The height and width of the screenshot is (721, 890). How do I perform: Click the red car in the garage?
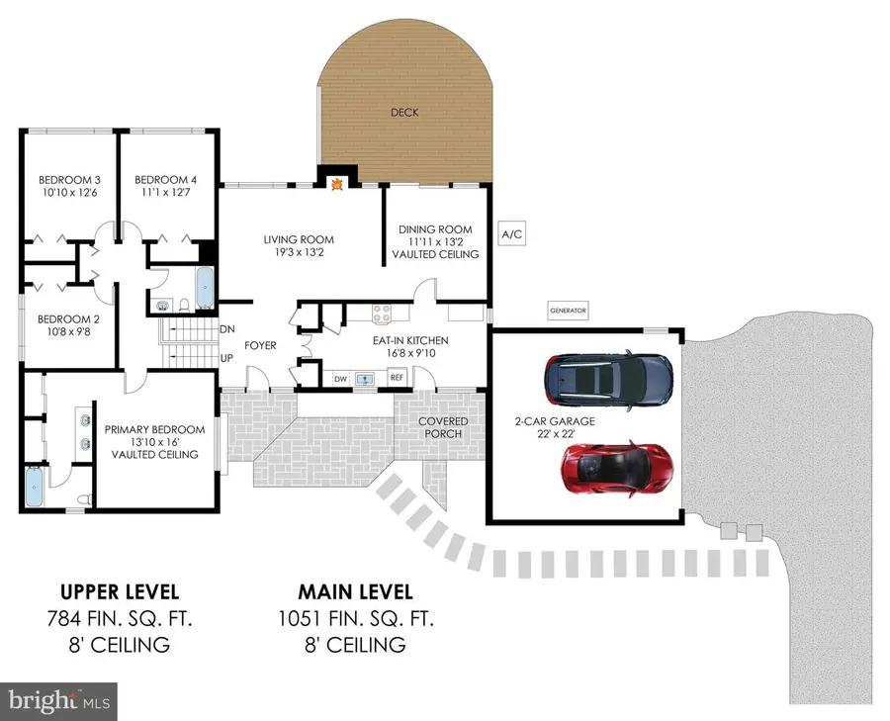click(x=617, y=469)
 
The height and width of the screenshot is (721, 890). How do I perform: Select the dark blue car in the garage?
click(x=608, y=379)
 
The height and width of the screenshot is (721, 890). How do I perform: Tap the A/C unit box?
click(x=512, y=233)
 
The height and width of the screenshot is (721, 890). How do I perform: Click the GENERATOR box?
click(x=568, y=311)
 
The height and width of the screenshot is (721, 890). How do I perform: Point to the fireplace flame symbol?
click(x=337, y=183)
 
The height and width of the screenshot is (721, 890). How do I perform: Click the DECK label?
click(x=404, y=113)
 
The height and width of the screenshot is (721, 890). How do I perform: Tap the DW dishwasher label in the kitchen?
click(x=340, y=379)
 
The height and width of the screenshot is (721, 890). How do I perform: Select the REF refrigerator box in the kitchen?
click(x=397, y=377)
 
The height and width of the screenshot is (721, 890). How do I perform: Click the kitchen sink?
click(x=364, y=379)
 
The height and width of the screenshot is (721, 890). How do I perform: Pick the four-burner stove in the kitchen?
click(x=382, y=314)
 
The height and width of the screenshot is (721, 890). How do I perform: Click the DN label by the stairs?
click(x=227, y=329)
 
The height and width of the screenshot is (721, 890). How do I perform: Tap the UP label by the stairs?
click(x=226, y=358)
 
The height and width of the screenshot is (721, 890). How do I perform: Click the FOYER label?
click(x=260, y=345)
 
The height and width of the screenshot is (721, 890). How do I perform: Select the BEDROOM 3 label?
click(x=69, y=180)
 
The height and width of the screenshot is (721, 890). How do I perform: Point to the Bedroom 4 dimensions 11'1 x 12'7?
click(x=166, y=193)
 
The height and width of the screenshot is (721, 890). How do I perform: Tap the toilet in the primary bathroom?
click(x=85, y=499)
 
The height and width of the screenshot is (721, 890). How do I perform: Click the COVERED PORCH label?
click(x=443, y=427)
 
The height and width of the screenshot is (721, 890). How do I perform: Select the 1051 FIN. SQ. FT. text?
click(x=356, y=618)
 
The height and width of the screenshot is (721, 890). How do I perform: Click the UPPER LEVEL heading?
click(x=120, y=592)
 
